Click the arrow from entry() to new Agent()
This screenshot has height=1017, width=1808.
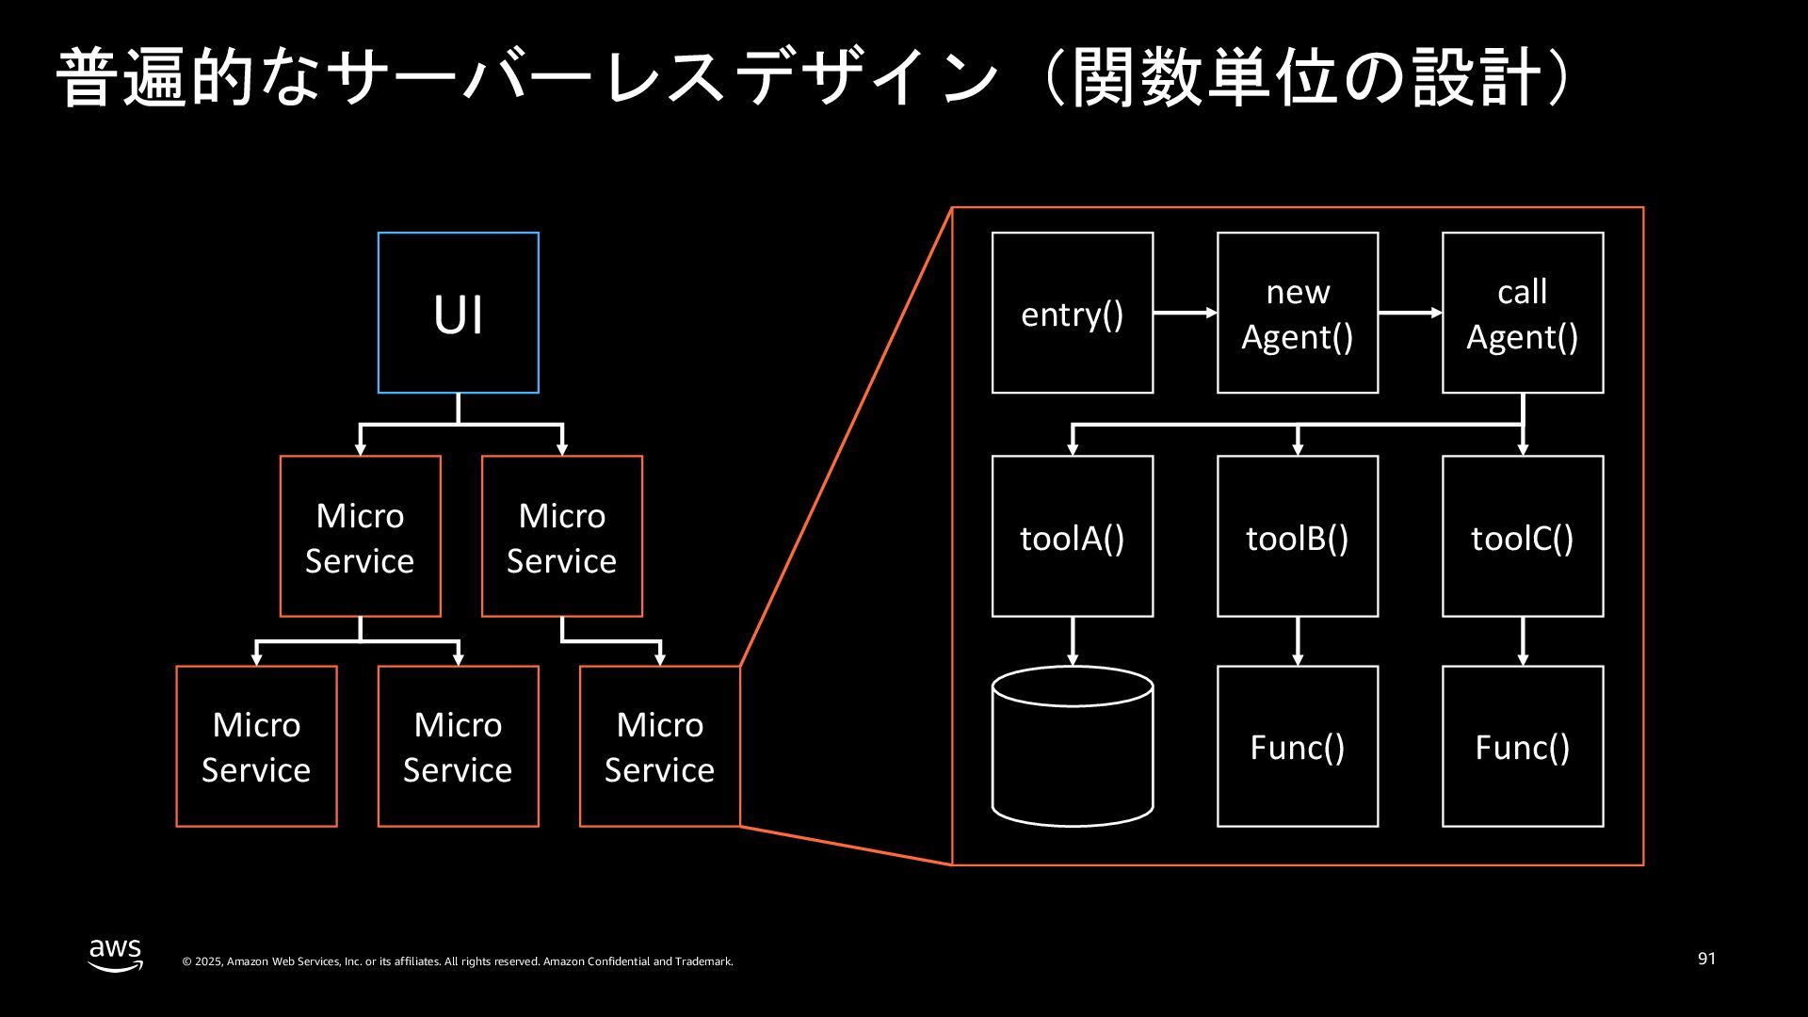point(1186,313)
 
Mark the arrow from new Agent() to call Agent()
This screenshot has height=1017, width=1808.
point(1411,313)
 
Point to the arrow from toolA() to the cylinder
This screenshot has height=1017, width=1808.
point(1073,641)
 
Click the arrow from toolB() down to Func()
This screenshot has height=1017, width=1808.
point(1298,641)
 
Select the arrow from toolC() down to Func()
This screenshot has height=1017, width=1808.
point(1523,641)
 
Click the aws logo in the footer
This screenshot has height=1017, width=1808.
point(116,954)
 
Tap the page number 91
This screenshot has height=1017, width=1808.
point(1706,959)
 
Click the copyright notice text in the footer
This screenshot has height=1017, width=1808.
point(458,961)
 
